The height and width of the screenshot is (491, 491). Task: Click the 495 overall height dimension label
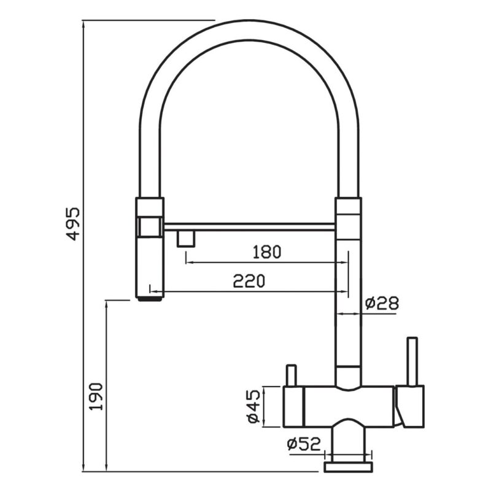coord(73,223)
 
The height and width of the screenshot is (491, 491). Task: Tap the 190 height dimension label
coord(96,396)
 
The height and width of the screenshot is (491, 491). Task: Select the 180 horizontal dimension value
coord(267,252)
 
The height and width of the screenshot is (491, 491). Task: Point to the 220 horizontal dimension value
coord(249,281)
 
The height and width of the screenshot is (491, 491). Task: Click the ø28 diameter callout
coord(382,303)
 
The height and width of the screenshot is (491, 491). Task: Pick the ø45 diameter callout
coord(253,406)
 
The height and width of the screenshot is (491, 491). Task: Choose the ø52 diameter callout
coord(304,444)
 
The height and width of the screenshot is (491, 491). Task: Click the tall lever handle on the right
coord(412,361)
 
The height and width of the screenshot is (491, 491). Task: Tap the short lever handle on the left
coord(292,376)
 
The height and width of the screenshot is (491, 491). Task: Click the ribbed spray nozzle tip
coord(150,299)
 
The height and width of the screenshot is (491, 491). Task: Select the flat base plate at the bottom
coord(349,467)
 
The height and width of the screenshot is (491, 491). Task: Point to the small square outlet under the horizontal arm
coord(187,239)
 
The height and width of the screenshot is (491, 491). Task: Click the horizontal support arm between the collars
coord(249,227)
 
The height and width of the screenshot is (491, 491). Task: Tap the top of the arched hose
coord(249,29)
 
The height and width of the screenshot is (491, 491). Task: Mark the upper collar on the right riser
coord(348,206)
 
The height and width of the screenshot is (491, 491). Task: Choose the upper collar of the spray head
coord(149,206)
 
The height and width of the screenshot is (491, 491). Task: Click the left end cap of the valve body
coord(293,406)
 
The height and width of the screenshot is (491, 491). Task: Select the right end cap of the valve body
coord(410,406)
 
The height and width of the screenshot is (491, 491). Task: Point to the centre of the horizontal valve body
coord(349,406)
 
